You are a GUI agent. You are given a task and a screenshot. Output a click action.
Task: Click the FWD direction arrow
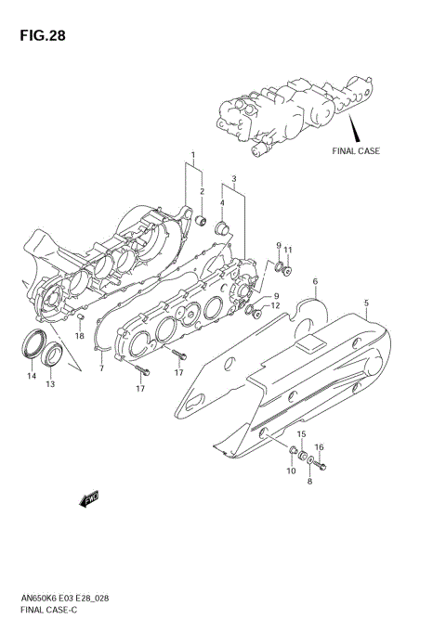[90, 501]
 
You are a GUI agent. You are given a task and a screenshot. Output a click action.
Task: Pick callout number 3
[234, 178]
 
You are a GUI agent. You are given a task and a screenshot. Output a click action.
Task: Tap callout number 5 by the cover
[366, 303]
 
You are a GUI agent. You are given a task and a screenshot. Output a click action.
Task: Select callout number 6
[315, 281]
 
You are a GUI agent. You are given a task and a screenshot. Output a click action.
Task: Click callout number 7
[102, 368]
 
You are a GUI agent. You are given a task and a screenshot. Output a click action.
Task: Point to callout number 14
[32, 376]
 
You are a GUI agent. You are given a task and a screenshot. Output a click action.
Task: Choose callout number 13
[50, 383]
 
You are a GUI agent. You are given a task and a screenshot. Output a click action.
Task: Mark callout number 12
[275, 305]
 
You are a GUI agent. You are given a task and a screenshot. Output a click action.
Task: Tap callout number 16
[319, 447]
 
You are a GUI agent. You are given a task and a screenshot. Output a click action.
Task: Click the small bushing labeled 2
[199, 221]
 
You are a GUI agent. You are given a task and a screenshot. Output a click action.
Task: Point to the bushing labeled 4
[223, 228]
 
